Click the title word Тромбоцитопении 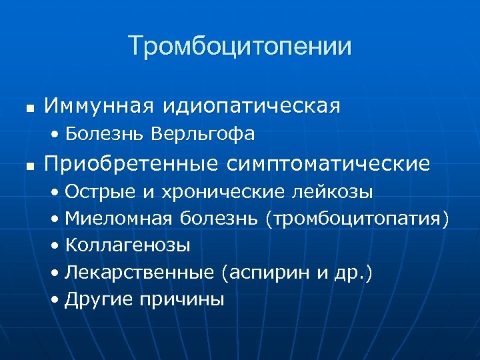point(240,46)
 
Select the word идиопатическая point(247,105)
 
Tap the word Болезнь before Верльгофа point(105,135)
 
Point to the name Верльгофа point(203,135)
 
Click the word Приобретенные point(131,163)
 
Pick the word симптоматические point(329,163)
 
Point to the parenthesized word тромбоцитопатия point(357,219)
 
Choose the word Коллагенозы point(127,245)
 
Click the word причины point(182,300)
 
